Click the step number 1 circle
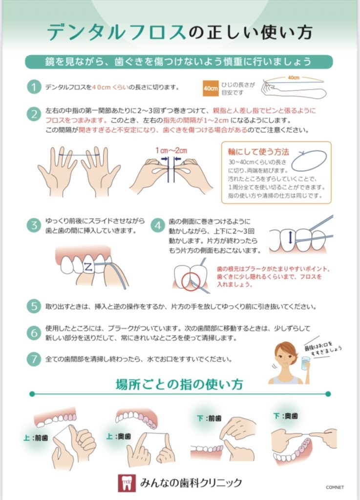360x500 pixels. (34, 87)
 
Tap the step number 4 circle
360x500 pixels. (157, 226)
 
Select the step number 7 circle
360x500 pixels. (34, 359)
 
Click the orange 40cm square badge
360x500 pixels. (211, 88)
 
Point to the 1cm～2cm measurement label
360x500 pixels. (171, 150)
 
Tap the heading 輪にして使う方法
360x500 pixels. (258, 152)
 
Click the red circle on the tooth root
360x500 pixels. (191, 282)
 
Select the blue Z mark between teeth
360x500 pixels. (88, 266)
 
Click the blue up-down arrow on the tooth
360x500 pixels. (290, 238)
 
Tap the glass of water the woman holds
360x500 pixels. (306, 363)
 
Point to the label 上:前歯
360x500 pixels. (36, 438)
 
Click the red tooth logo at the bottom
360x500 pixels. (127, 483)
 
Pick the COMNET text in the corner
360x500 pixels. (335, 487)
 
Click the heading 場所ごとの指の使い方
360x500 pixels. (179, 385)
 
